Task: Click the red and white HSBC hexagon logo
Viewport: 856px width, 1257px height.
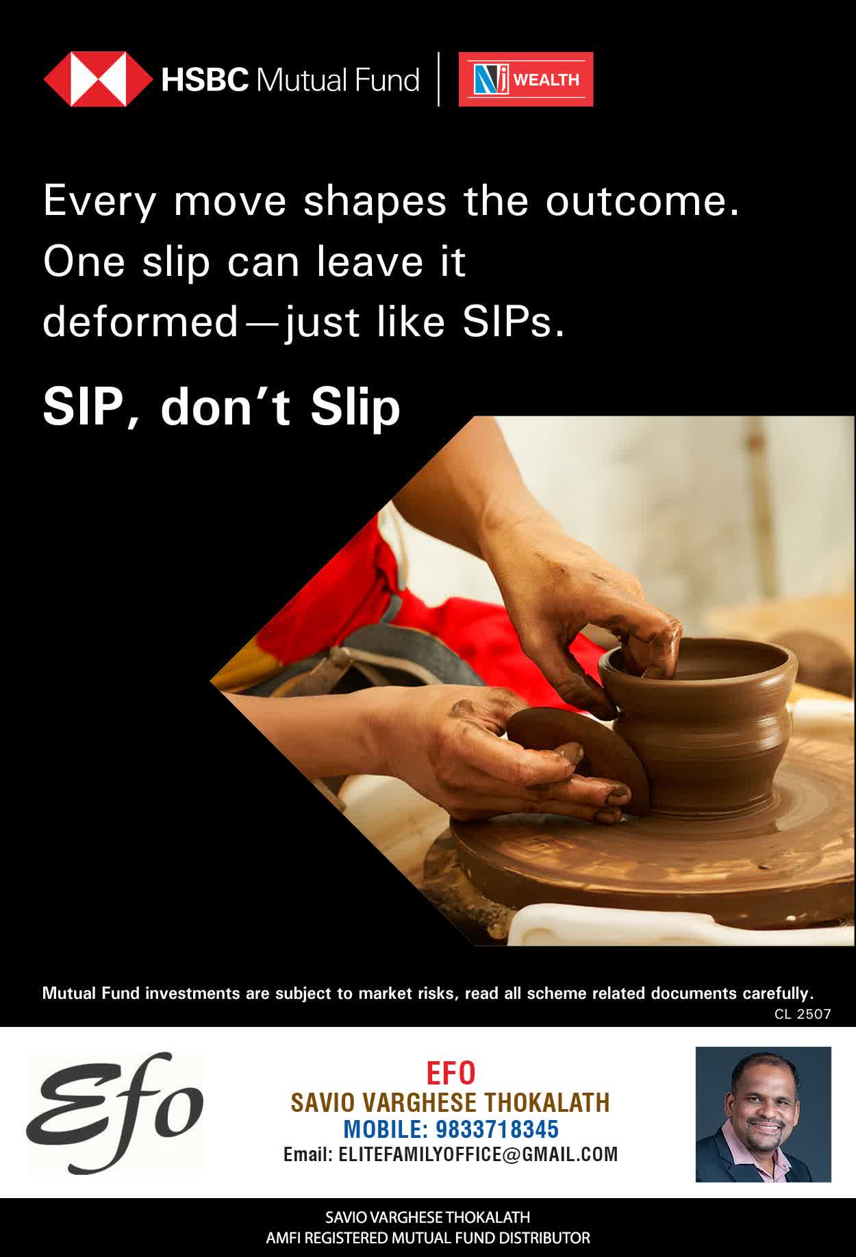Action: pos(98,79)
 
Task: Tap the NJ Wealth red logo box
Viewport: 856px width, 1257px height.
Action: pos(526,79)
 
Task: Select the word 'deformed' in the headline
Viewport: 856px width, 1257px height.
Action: pos(140,321)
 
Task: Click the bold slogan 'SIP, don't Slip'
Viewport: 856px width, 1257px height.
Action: pos(221,407)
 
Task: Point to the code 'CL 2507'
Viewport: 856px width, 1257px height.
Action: pos(803,1014)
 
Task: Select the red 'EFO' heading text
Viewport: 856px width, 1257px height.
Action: pos(451,1074)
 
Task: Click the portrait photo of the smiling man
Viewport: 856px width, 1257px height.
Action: pos(763,1114)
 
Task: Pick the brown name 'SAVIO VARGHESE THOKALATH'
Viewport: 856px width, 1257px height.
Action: pos(450,1102)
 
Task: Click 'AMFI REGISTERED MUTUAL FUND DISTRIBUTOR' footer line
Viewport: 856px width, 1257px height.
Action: pos(428,1238)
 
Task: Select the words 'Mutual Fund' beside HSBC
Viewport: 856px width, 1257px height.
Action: pos(337,80)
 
